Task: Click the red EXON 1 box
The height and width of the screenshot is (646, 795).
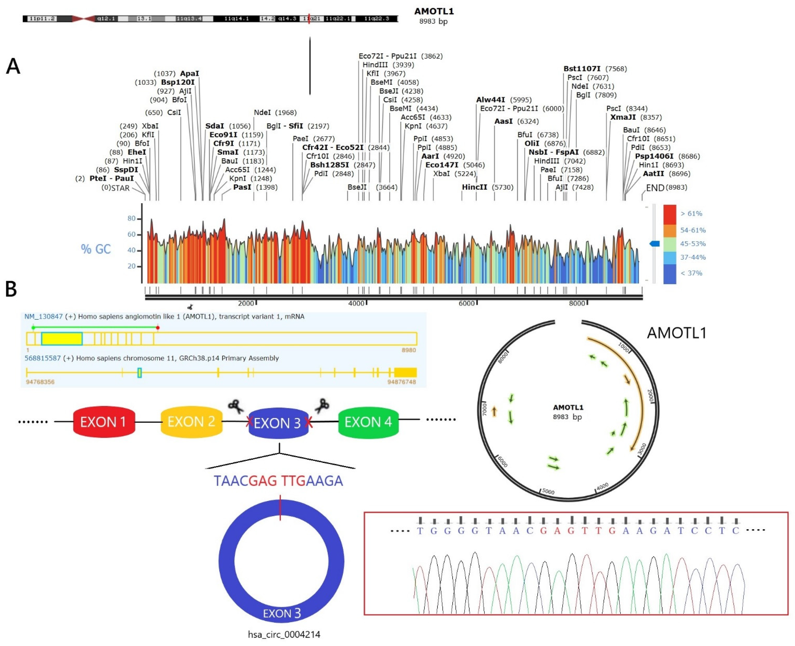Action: click(104, 422)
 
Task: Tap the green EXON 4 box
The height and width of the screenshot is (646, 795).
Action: click(368, 422)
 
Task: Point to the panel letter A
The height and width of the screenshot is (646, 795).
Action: click(13, 66)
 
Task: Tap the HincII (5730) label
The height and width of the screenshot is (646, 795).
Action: click(487, 187)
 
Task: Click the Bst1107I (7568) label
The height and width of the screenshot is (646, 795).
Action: click(595, 69)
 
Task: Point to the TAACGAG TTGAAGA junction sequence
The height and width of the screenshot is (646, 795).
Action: click(278, 481)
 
